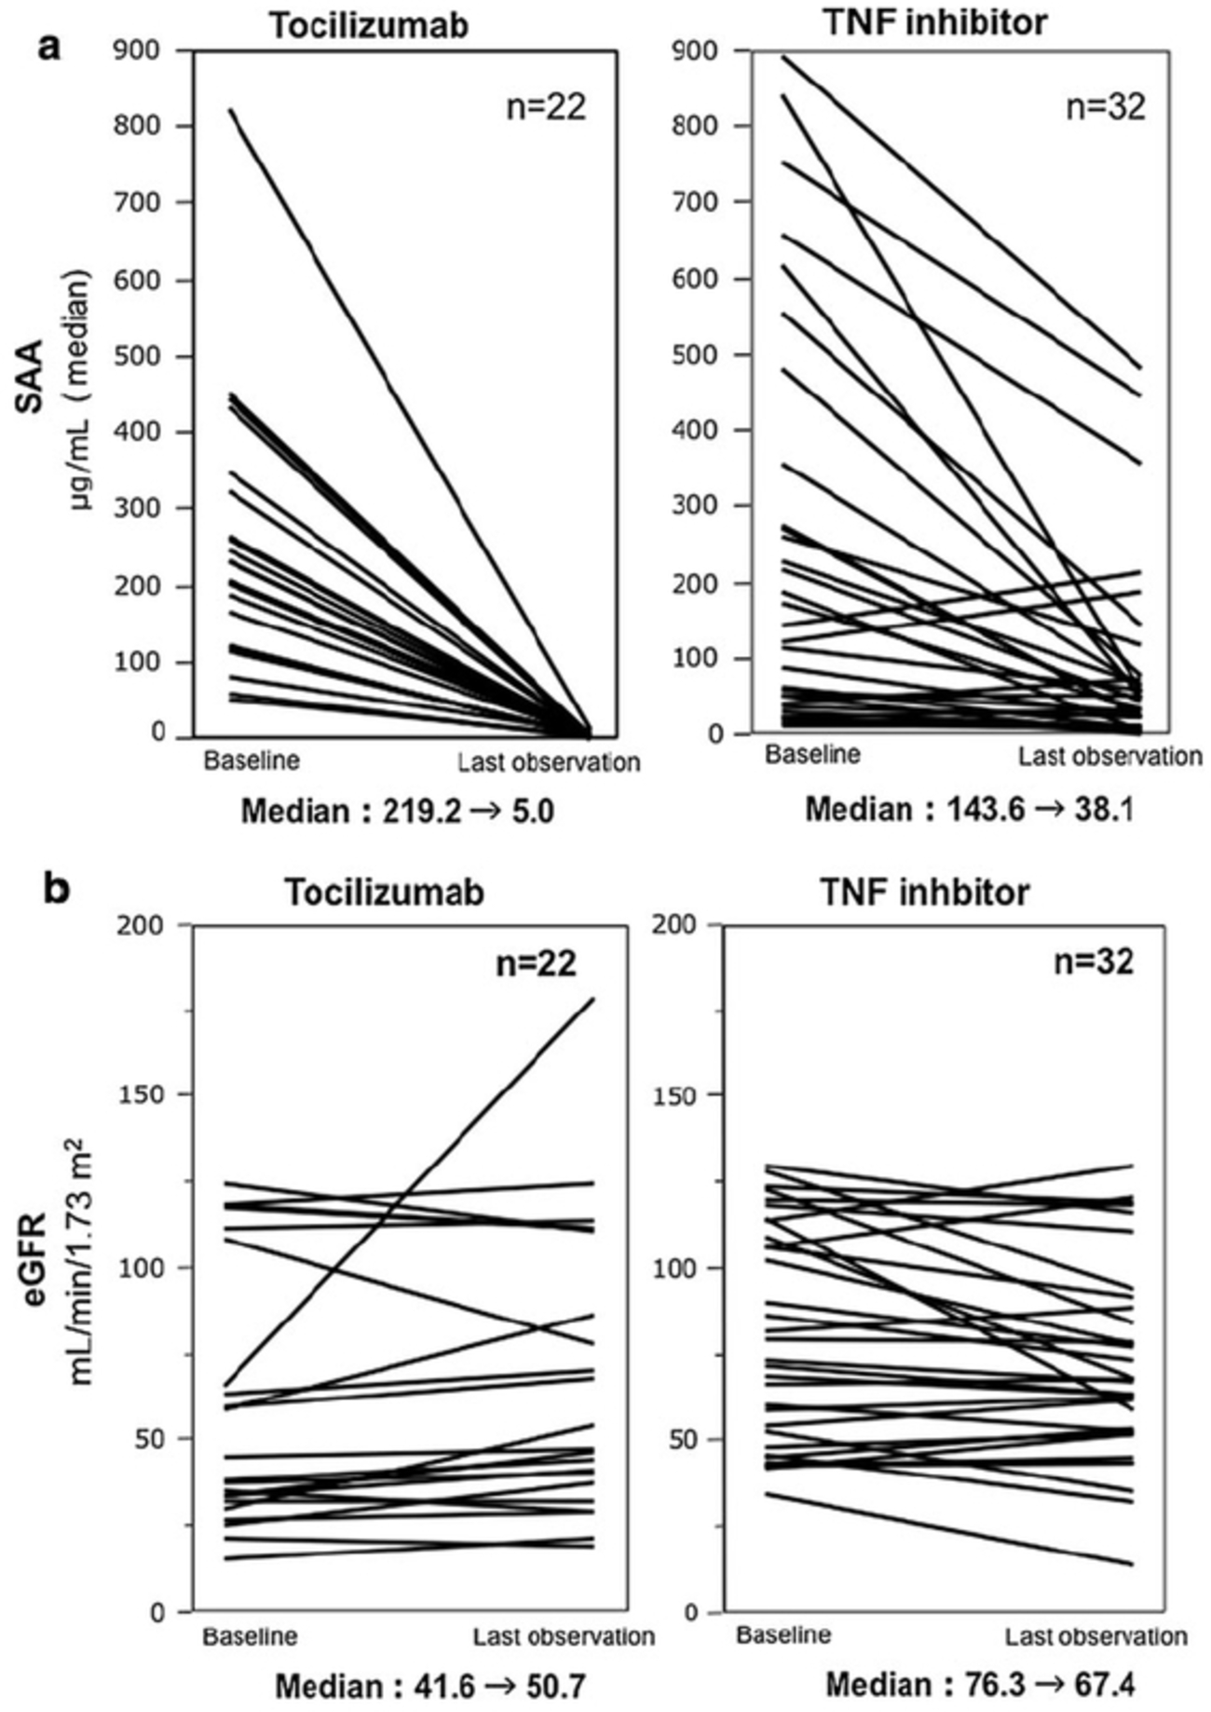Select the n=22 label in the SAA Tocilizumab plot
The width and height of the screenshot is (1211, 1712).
tap(546, 107)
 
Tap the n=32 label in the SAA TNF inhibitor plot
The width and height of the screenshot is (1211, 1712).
tap(1105, 107)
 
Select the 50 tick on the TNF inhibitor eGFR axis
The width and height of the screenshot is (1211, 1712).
tap(690, 1439)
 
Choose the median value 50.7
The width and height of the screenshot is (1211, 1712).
tap(550, 1686)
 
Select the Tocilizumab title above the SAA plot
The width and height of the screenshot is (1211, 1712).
tap(370, 26)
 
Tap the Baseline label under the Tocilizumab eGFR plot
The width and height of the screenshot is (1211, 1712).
tap(251, 1636)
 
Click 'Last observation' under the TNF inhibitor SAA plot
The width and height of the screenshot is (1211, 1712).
tap(1109, 756)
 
